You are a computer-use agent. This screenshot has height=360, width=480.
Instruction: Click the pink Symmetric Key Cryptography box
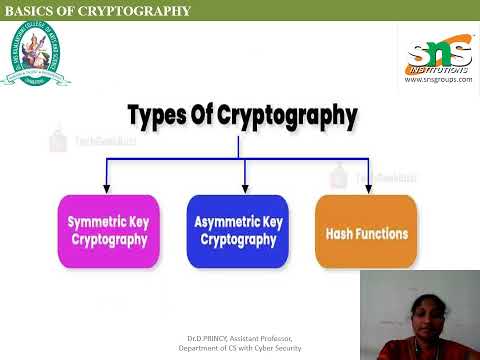pos(108,231)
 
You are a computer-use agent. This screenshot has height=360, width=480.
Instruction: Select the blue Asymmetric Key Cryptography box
pos(238,231)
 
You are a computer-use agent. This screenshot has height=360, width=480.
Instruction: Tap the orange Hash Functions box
pos(366,231)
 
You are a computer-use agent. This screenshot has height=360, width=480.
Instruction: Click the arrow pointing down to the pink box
pos(106,183)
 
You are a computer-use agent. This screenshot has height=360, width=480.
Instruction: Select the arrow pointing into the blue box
pos(245,183)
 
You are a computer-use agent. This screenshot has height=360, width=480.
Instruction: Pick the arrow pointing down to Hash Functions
pos(369,183)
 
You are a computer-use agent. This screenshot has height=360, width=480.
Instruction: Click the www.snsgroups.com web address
pos(438,80)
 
